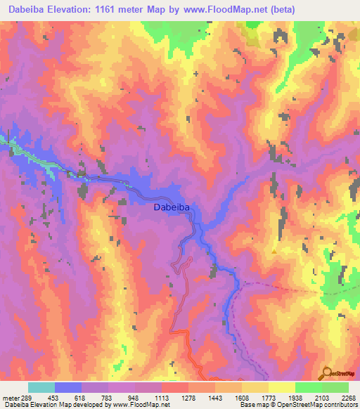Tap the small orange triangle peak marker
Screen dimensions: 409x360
point(274,251)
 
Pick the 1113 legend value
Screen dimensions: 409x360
point(162,397)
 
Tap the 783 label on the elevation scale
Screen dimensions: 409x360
point(108,397)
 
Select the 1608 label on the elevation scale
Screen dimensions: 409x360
point(241,397)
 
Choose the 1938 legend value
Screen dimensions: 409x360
point(295,397)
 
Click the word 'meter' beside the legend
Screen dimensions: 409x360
point(8,397)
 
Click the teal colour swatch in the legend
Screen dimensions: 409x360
point(41,387)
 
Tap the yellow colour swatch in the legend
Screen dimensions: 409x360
point(281,387)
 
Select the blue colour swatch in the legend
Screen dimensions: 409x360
point(68,387)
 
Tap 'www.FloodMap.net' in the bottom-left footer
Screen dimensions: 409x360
point(140,405)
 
